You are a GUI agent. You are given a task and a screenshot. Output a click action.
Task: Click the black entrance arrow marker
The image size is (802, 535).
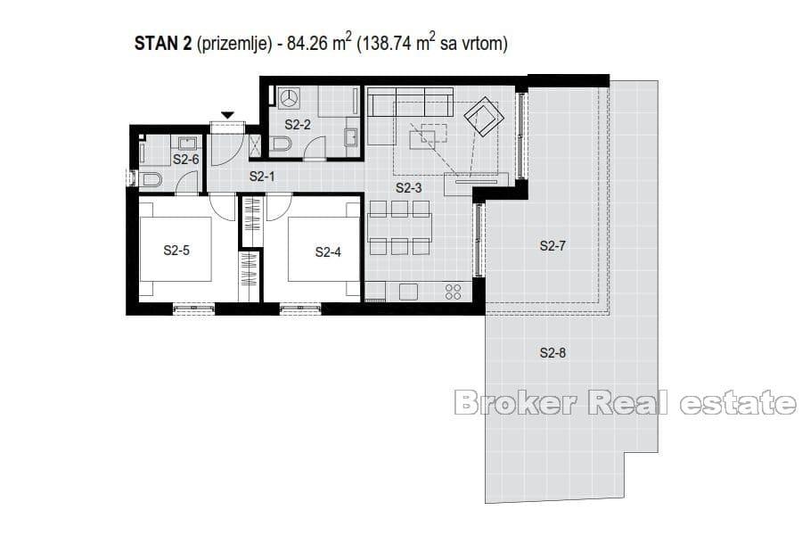point(227,115)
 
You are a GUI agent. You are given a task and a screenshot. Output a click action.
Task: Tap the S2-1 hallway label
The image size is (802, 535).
point(261,177)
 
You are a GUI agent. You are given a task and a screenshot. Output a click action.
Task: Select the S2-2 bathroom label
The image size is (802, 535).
point(298,124)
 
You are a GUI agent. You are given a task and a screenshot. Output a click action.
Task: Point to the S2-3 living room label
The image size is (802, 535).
point(408,188)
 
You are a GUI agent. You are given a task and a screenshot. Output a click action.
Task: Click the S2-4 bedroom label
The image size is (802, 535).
point(328,252)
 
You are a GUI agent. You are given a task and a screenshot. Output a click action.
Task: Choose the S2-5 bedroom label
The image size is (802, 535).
point(176,251)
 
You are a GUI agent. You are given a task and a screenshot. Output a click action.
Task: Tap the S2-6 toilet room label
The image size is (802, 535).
point(185,159)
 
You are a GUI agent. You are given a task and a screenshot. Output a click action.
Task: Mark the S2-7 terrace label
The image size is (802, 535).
point(552,246)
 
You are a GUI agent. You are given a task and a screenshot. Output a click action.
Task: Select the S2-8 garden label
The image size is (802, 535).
point(552,353)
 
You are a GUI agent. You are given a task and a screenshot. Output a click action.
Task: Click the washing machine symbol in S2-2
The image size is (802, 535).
point(288,96)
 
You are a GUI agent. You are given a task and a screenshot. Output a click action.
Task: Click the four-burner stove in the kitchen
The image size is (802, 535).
point(453,292)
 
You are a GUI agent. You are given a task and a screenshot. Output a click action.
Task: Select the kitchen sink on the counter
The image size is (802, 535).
point(409,292)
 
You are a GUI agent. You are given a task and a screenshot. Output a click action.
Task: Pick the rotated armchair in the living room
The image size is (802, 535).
point(482,117)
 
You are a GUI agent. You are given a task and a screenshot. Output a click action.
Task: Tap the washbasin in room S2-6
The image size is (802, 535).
point(188,142)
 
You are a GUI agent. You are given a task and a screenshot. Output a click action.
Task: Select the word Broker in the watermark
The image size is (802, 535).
point(517,404)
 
